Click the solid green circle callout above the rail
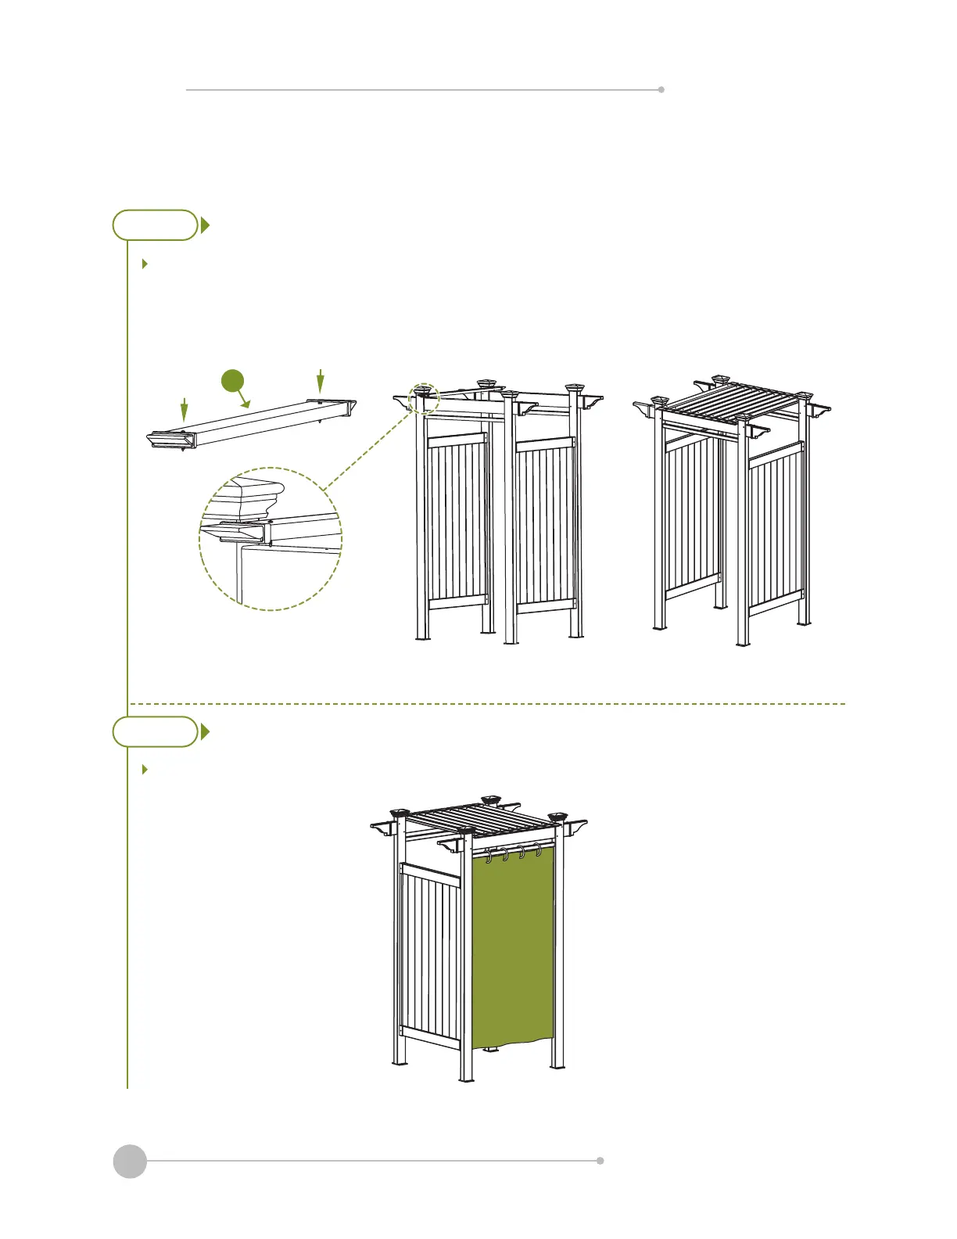[x=232, y=381]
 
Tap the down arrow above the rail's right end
[x=320, y=381]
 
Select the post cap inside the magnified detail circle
[x=249, y=494]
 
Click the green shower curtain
[x=513, y=950]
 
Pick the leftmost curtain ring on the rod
[x=489, y=857]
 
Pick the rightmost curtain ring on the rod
[x=538, y=850]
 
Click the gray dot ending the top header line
[x=661, y=90]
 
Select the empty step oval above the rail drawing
[x=155, y=225]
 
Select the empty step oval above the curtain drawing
[x=155, y=731]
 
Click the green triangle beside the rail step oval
[x=205, y=225]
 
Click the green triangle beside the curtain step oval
[x=205, y=731]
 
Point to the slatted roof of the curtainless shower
[x=727, y=400]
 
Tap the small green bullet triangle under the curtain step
[x=145, y=770]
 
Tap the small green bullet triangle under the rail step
[x=145, y=264]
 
